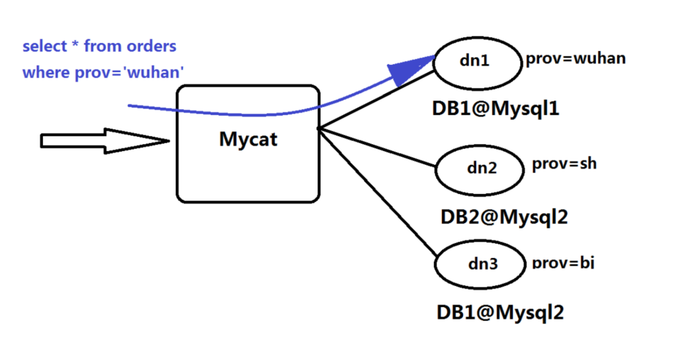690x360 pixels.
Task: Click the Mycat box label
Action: (x=248, y=140)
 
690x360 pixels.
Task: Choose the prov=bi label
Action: (x=563, y=263)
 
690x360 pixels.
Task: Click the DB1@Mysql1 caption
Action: (x=496, y=109)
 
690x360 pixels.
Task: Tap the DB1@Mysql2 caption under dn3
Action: (x=500, y=313)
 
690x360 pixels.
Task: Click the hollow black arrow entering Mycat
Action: (x=105, y=141)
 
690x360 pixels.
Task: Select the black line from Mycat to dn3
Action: (x=378, y=192)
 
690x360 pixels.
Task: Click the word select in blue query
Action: (x=45, y=46)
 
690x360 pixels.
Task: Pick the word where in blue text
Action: (x=46, y=72)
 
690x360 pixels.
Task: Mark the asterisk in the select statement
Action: (x=75, y=44)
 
